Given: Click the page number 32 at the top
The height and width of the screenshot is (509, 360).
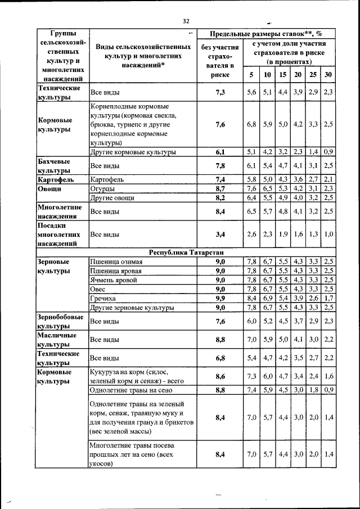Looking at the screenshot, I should pos(186,21).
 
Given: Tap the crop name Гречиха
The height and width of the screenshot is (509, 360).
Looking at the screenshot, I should pos(103,298).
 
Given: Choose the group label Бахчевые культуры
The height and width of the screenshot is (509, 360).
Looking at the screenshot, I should pos(54,165).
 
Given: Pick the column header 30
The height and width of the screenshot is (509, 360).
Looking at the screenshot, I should pos(328,75).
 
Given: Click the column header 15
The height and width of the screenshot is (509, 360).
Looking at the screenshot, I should pos(283,75).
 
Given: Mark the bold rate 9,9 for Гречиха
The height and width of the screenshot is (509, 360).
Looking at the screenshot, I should pos(220,298).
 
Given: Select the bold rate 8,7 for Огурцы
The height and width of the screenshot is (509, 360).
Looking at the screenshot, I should pos(220,188).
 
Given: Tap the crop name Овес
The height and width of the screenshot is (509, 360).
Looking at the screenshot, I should pos(98,289).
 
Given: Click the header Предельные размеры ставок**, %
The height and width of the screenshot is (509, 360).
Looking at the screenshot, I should pos(262,34).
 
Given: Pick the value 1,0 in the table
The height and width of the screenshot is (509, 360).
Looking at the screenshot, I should pos(329,234).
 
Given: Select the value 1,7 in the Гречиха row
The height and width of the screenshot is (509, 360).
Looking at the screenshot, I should pos(329,298).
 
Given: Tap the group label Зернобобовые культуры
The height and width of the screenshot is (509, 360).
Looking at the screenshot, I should pos(60,321).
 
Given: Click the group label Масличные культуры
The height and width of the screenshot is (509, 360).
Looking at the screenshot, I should pos(56,340).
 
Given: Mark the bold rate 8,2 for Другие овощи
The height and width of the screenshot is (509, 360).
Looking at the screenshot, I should pos(220,198).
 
